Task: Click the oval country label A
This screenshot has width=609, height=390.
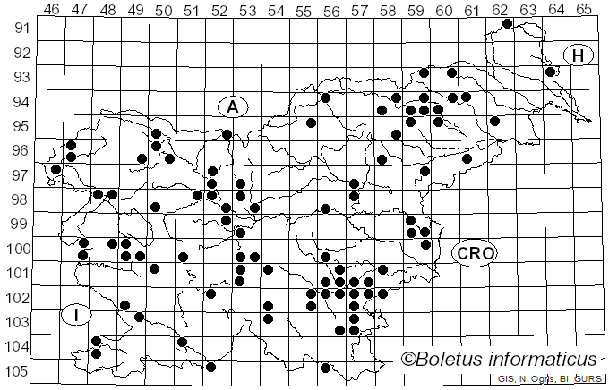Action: pyautogui.click(x=232, y=106)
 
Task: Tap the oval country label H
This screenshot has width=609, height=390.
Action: pyautogui.click(x=578, y=55)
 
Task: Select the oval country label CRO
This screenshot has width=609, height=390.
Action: pyautogui.click(x=473, y=253)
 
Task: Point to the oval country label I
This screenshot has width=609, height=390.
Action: pyautogui.click(x=77, y=315)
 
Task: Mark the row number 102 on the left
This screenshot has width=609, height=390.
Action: pyautogui.click(x=20, y=298)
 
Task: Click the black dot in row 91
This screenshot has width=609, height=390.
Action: pyautogui.click(x=508, y=23)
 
